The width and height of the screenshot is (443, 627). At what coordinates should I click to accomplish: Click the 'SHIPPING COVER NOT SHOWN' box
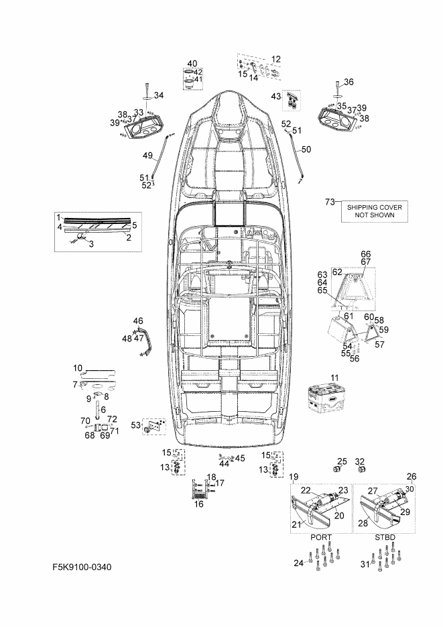(x=374, y=211)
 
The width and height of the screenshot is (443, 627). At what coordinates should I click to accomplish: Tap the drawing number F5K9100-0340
(x=82, y=567)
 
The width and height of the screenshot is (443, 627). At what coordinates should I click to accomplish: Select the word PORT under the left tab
(x=321, y=537)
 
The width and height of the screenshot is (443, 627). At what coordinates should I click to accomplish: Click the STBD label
(x=385, y=537)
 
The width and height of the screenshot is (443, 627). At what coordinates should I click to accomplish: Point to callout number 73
(x=330, y=202)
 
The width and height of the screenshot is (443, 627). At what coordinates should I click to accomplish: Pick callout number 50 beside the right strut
(x=306, y=149)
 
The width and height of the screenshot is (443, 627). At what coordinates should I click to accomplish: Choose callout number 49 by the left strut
(x=147, y=156)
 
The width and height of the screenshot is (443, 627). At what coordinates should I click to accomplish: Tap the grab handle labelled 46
(x=145, y=341)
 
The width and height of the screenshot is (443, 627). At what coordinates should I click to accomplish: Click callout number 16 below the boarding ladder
(x=199, y=504)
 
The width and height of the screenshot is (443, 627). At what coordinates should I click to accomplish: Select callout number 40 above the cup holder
(x=192, y=63)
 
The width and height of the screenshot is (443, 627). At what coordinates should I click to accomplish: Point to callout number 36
(x=349, y=82)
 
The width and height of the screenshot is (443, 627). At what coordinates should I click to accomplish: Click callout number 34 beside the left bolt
(x=159, y=95)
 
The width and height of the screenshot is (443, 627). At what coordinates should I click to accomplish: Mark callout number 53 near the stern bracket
(x=136, y=425)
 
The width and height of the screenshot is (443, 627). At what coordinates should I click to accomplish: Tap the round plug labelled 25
(x=338, y=469)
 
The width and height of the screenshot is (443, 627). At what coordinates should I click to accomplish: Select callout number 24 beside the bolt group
(x=298, y=563)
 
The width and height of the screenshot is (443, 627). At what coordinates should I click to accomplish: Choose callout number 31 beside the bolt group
(x=365, y=564)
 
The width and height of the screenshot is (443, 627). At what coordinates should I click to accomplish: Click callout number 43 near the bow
(x=276, y=97)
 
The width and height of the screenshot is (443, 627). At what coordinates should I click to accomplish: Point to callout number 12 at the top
(x=276, y=59)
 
